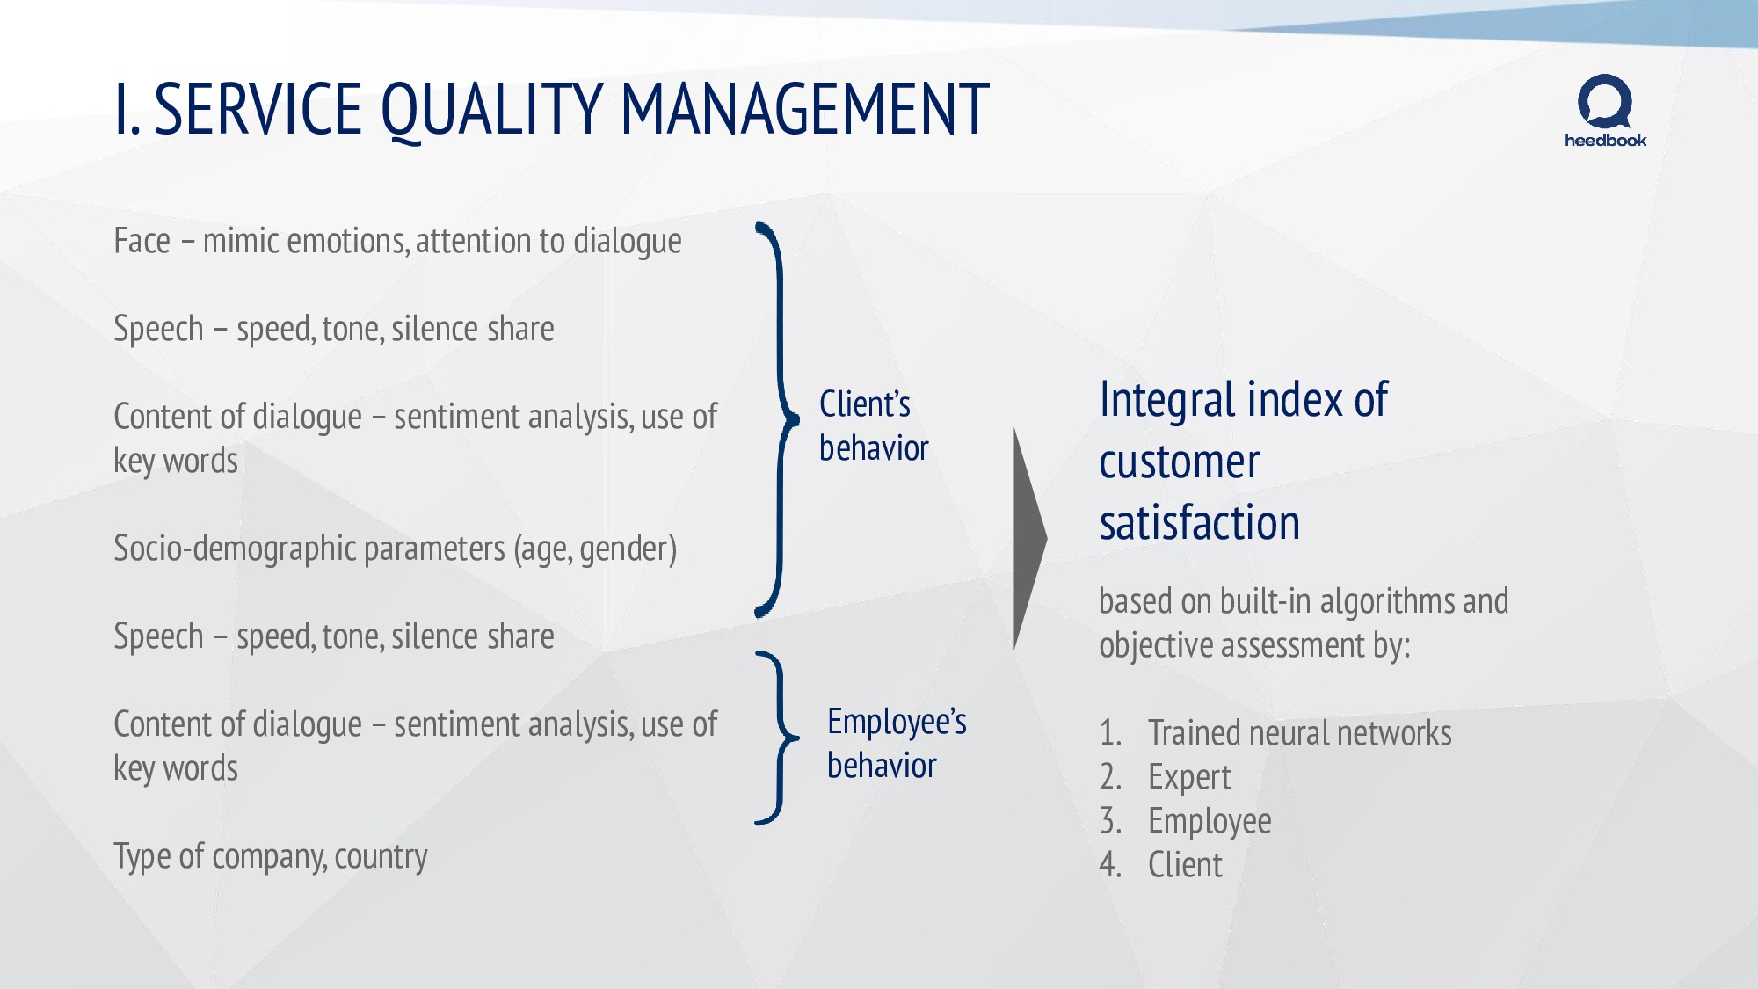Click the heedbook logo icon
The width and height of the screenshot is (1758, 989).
pyautogui.click(x=1605, y=102)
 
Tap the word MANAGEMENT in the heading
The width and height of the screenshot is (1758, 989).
pyautogui.click(x=805, y=109)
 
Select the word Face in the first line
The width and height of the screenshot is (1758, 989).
pyautogui.click(x=142, y=241)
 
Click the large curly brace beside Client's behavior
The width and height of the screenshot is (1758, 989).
pyautogui.click(x=778, y=420)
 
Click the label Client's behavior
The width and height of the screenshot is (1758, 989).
pyautogui.click(x=873, y=426)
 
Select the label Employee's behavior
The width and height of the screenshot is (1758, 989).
pyautogui.click(x=896, y=744)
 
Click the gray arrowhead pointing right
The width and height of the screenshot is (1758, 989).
pyautogui.click(x=1028, y=538)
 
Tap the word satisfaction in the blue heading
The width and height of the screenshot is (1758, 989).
pyautogui.click(x=1199, y=523)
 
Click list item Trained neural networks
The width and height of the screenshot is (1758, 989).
pyautogui.click(x=1299, y=733)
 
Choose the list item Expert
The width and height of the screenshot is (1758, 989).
pyautogui.click(x=1189, y=777)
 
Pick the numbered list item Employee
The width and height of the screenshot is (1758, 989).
pyautogui.click(x=1210, y=821)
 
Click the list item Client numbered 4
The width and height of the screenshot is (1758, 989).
pyautogui.click(x=1185, y=865)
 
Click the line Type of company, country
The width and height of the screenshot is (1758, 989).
pyautogui.click(x=270, y=856)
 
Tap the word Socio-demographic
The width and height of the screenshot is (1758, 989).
pyautogui.click(x=235, y=549)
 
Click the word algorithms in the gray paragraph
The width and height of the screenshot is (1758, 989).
pyautogui.click(x=1387, y=602)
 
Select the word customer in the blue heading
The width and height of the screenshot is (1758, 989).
pyautogui.click(x=1179, y=462)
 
